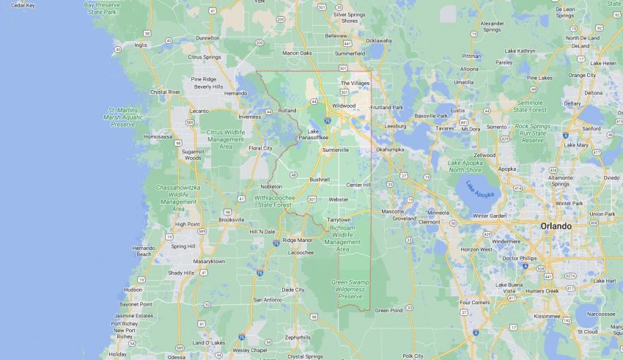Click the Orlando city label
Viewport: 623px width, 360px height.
(556, 226)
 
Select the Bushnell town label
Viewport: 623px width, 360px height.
(320, 179)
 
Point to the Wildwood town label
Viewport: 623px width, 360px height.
(344, 105)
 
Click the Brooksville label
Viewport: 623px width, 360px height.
(232, 219)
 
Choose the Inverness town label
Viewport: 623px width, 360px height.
(250, 117)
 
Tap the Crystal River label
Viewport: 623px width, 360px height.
(165, 92)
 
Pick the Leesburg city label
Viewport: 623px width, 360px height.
(395, 125)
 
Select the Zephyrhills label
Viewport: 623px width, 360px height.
(298, 337)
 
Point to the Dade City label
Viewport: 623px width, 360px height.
(293, 290)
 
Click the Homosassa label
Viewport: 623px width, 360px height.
(158, 136)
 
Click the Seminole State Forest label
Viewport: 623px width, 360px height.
(531, 106)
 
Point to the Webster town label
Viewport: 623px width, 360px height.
(339, 199)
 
